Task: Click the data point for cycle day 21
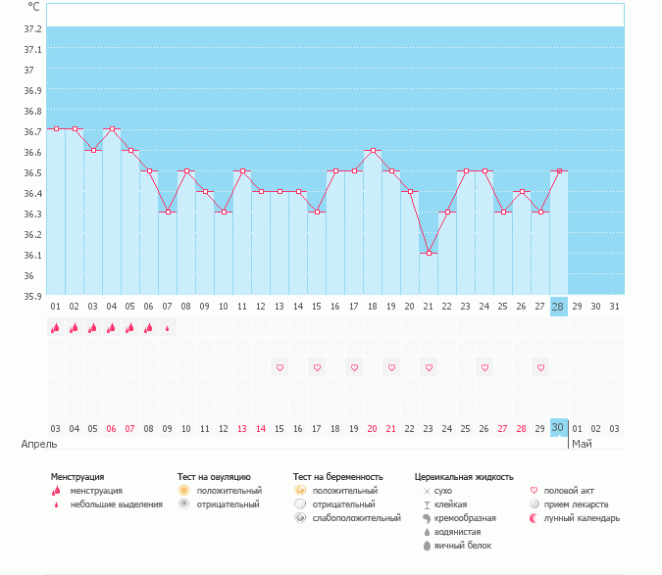click(x=428, y=253)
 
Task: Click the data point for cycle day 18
click(x=373, y=151)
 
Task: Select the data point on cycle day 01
click(x=56, y=128)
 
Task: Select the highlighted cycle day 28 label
click(x=558, y=307)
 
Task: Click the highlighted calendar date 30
click(x=558, y=428)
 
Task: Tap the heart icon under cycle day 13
click(x=280, y=367)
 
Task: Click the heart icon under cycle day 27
click(x=539, y=367)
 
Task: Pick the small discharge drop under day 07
click(x=168, y=329)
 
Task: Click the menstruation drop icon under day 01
click(x=56, y=329)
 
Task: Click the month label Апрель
click(x=39, y=444)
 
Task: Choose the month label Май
click(x=582, y=444)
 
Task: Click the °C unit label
click(x=33, y=6)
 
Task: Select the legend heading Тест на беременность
click(x=335, y=477)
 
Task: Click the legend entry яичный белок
click(x=457, y=546)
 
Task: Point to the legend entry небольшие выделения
click(x=116, y=504)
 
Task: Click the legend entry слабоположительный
click(x=355, y=518)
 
